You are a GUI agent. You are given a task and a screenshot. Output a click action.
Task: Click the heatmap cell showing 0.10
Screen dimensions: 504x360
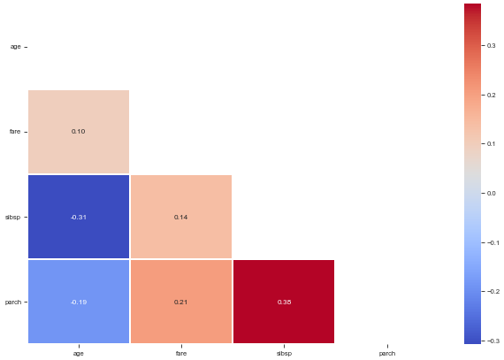79,132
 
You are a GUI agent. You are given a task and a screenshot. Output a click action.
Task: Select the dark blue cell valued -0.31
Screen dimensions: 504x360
79,217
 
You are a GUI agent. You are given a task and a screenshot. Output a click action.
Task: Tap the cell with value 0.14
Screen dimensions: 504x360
181,217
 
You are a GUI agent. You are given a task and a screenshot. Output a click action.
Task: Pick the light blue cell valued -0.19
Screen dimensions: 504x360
79,302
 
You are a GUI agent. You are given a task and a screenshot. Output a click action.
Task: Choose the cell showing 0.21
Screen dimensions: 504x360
181,302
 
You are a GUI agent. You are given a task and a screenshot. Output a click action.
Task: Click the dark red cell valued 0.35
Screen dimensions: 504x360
284,302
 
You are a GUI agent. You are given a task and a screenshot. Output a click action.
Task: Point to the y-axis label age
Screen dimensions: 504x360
15,47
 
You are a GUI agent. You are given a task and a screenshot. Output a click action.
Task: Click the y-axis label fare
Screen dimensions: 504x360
15,132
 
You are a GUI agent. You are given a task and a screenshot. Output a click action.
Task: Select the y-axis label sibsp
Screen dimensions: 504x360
13,218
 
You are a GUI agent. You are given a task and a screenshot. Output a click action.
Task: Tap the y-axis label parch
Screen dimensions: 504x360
13,303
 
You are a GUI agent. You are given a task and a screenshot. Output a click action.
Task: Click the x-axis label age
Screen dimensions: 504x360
79,354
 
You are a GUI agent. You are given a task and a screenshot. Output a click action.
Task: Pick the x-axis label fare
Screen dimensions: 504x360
181,353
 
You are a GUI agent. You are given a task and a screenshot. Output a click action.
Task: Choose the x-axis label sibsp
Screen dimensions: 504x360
284,354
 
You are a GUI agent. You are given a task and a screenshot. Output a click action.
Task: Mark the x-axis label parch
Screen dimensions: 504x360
387,354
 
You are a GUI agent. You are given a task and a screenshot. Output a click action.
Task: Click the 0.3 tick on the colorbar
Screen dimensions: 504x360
491,46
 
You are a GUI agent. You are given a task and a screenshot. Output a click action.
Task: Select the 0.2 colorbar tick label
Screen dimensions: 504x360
491,96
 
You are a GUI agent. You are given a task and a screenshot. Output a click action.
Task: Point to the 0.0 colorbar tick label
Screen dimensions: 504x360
491,193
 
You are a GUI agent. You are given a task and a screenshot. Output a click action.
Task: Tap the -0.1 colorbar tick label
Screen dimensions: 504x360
493,242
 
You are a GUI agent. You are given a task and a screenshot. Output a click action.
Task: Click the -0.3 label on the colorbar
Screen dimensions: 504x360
493,341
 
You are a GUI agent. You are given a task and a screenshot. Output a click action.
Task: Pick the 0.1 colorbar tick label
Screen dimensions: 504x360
491,143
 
